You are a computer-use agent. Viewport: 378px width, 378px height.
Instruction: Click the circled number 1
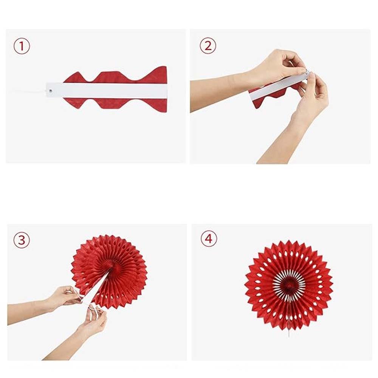click(x=22, y=46)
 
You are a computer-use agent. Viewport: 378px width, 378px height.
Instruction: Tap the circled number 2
click(x=208, y=46)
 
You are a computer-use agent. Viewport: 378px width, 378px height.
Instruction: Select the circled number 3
click(x=22, y=240)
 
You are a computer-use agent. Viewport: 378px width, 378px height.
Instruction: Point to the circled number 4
click(x=209, y=239)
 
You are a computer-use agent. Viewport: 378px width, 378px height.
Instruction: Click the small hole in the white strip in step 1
click(x=51, y=91)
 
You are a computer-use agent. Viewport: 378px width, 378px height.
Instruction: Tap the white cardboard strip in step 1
click(x=106, y=90)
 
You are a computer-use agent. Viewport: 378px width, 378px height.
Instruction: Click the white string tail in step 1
click(x=31, y=91)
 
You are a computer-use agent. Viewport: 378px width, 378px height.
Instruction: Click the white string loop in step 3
click(x=93, y=311)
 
